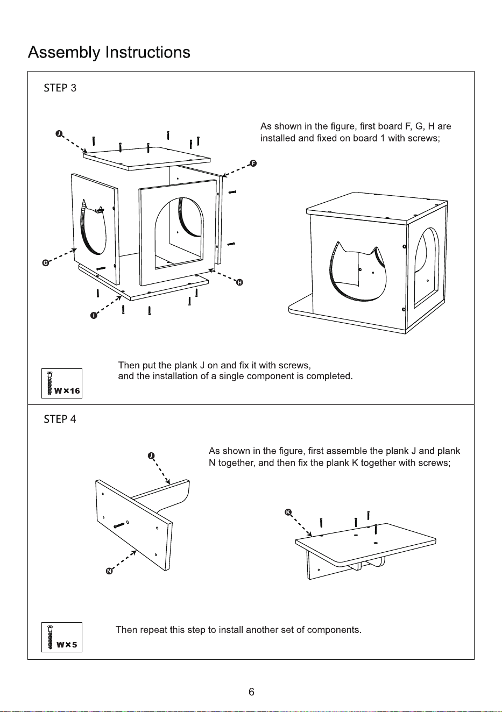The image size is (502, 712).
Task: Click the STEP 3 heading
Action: tap(60, 88)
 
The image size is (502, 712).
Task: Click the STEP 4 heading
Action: tap(60, 419)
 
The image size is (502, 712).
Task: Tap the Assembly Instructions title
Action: tap(109, 53)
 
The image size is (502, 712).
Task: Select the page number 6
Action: tap(251, 692)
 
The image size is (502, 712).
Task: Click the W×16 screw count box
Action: tap(62, 383)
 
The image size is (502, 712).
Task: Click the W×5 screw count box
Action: tap(62, 637)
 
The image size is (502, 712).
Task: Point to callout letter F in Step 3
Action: tap(253, 163)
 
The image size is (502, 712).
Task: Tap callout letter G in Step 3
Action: tap(46, 263)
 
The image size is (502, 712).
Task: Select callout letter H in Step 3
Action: tap(239, 282)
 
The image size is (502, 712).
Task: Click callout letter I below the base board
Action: tap(94, 315)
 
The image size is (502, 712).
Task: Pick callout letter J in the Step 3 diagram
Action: tap(59, 133)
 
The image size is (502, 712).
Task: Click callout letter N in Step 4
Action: tap(109, 571)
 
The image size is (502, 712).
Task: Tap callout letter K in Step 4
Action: tap(288, 512)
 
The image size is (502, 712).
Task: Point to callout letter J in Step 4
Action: tap(151, 456)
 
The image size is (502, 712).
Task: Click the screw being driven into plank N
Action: tap(119, 525)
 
